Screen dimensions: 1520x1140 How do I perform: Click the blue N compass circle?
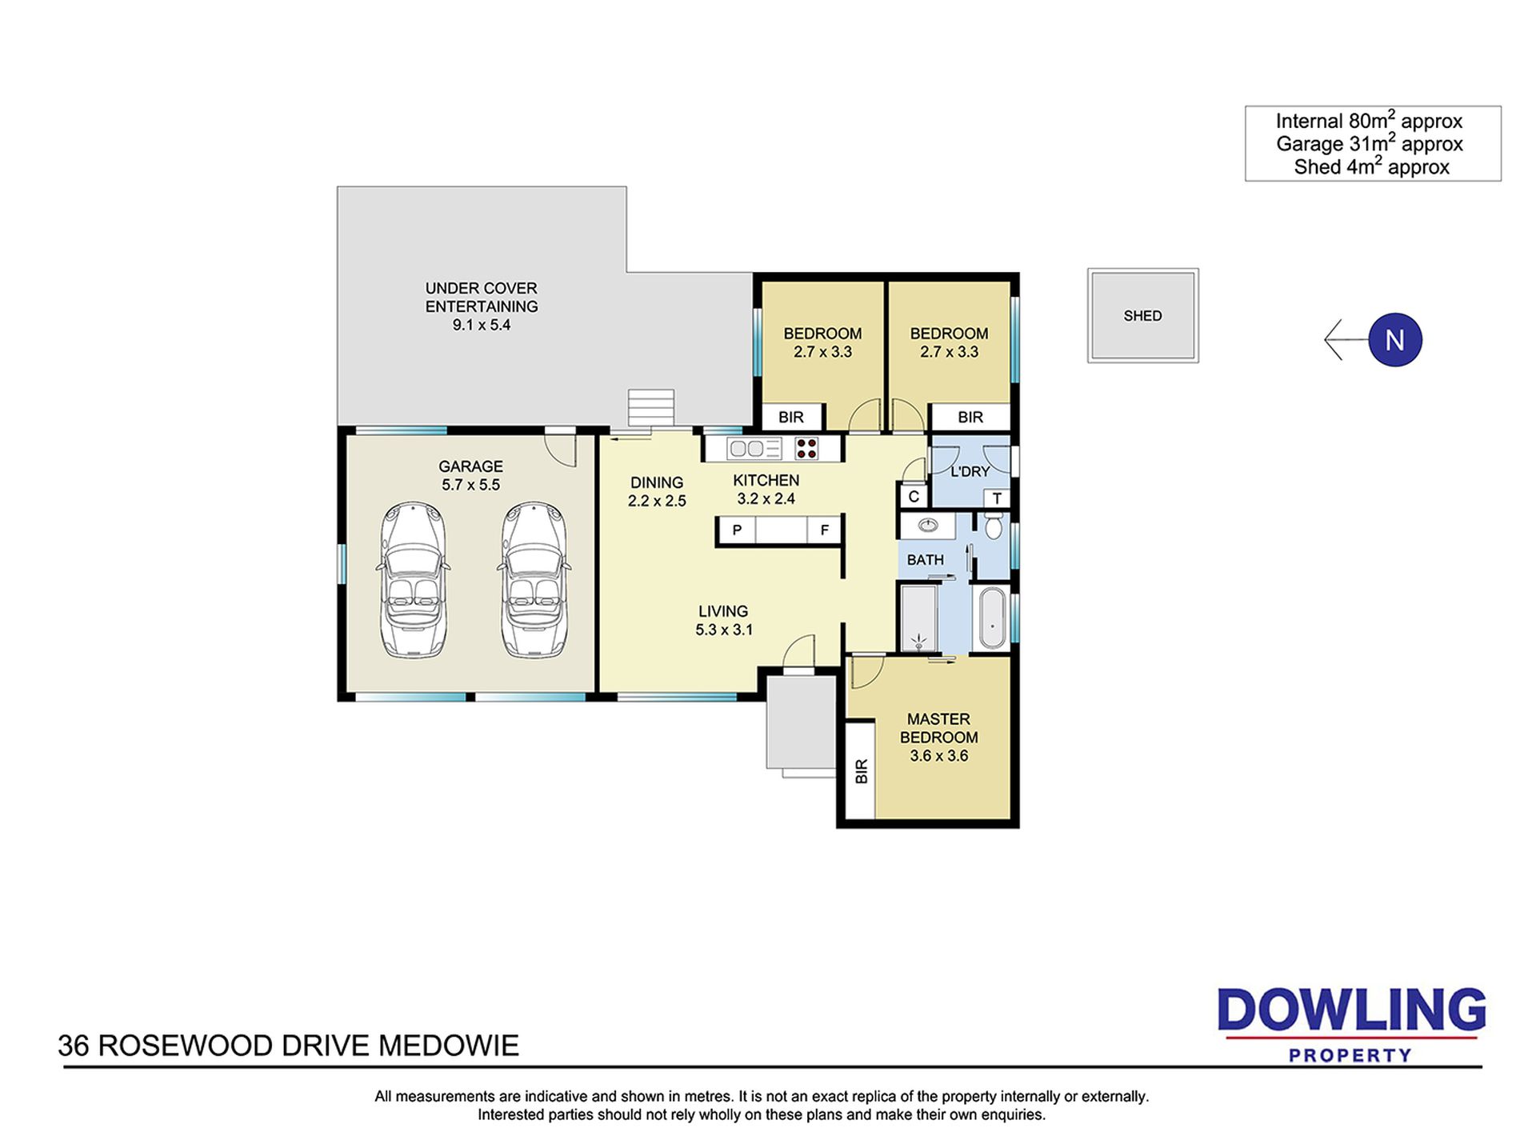pyautogui.click(x=1394, y=340)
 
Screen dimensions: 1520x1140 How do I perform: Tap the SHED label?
pyautogui.click(x=1142, y=316)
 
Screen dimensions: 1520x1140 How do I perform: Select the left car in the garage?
pyautogui.click(x=413, y=580)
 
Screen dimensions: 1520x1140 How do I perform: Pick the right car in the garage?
pyautogui.click(x=534, y=580)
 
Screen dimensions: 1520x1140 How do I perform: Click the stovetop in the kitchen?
pyautogui.click(x=806, y=448)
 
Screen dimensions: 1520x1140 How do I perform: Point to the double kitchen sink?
pyautogui.click(x=754, y=448)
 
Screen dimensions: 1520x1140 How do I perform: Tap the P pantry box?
pyautogui.click(x=737, y=530)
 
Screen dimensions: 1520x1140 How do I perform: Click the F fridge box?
pyautogui.click(x=824, y=530)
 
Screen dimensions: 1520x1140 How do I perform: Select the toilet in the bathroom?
pyautogui.click(x=994, y=525)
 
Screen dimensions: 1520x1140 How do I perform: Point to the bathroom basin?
pyautogui.click(x=928, y=526)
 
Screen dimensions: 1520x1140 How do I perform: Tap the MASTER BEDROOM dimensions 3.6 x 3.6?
pyautogui.click(x=939, y=756)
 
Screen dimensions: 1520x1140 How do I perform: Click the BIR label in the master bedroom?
pyautogui.click(x=861, y=772)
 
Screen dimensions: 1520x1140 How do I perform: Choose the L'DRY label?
pyautogui.click(x=970, y=472)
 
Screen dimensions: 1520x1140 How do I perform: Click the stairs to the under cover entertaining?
pyautogui.click(x=651, y=408)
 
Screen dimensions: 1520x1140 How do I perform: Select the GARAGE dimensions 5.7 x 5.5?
pyautogui.click(x=470, y=485)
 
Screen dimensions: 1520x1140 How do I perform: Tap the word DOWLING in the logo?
pyautogui.click(x=1351, y=1011)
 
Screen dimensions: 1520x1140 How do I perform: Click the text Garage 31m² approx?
pyautogui.click(x=1369, y=144)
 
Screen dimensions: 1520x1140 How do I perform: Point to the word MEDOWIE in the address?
pyautogui.click(x=449, y=1046)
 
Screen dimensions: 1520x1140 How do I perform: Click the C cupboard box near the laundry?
pyautogui.click(x=914, y=497)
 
